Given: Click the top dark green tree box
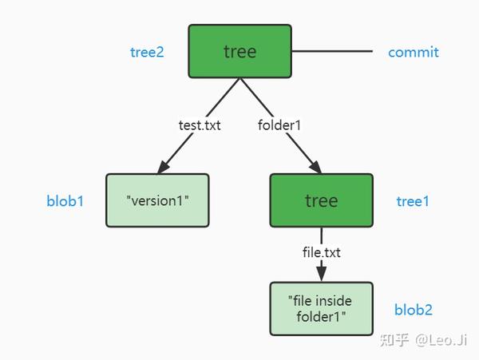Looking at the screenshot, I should [x=239, y=52].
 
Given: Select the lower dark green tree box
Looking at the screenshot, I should [x=321, y=200].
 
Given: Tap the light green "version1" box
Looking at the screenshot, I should [x=157, y=200].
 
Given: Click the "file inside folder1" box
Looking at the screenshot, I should [x=321, y=309].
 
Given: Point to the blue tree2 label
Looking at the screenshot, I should [x=147, y=53].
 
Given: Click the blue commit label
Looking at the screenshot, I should [x=413, y=53].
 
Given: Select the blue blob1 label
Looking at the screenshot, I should [x=65, y=201].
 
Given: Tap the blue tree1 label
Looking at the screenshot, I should [x=413, y=201].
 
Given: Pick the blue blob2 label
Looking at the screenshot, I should [x=413, y=310].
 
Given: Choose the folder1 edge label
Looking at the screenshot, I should [x=279, y=125].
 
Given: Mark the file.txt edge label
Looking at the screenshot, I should [x=321, y=252].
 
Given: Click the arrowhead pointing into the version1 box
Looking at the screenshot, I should [x=164, y=167].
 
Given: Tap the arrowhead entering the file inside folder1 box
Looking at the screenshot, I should [x=321, y=275].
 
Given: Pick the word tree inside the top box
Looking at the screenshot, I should [x=239, y=52].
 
